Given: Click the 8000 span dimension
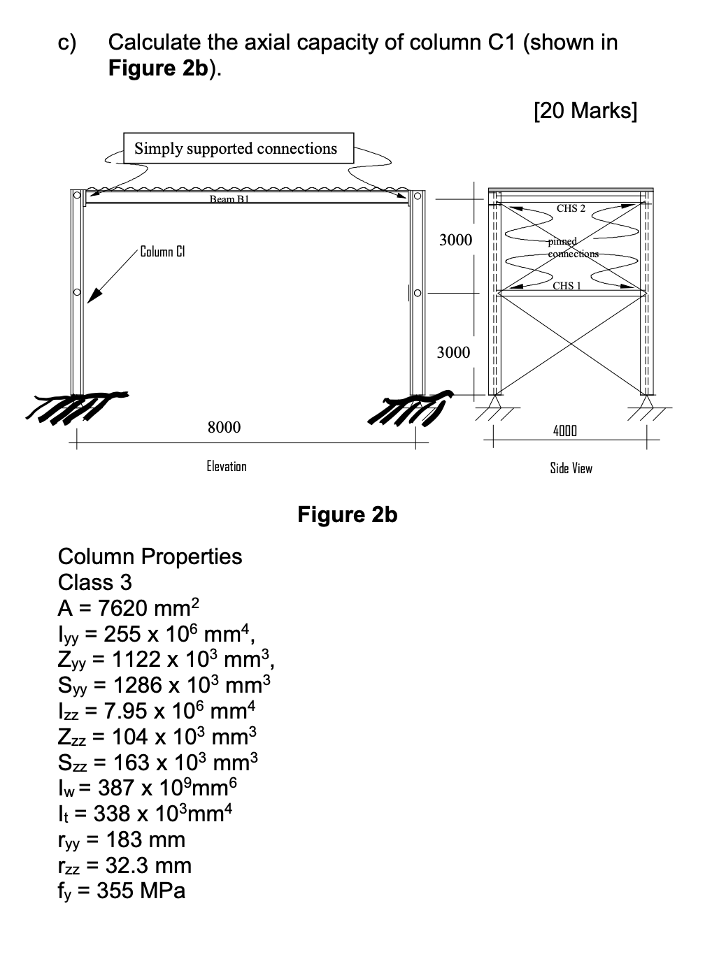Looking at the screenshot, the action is [x=224, y=427].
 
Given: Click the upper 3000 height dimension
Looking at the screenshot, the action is [x=455, y=240].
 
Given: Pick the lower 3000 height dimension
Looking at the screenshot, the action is [x=453, y=352].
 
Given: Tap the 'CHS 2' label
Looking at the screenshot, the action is [x=571, y=208].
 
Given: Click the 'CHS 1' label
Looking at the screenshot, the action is [x=567, y=285].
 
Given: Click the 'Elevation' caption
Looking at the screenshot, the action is [x=227, y=466].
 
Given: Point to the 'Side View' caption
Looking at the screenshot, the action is [x=571, y=468].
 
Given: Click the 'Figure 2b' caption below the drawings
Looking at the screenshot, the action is [x=347, y=515].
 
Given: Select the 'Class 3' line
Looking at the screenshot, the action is [x=94, y=582].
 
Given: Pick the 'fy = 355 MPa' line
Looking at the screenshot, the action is [x=122, y=891].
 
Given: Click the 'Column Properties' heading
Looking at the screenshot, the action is [x=150, y=556].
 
